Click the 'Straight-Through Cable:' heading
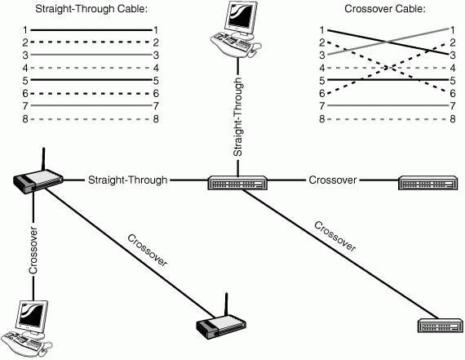pyautogui.click(x=91, y=9)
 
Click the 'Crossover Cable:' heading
pyautogui.click(x=385, y=9)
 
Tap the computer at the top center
pyautogui.click(x=236, y=29)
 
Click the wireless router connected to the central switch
pyautogui.click(x=38, y=180)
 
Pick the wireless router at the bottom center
pyautogui.click(x=221, y=324)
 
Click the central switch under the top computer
pyautogui.click(x=237, y=183)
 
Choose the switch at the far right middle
pyautogui.click(x=427, y=183)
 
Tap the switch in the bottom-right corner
pyautogui.click(x=441, y=326)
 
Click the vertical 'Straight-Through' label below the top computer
pyautogui.click(x=238, y=117)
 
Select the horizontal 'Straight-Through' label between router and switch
pyautogui.click(x=128, y=180)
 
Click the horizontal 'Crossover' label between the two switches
pyautogui.click(x=333, y=180)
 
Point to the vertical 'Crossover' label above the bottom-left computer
pyautogui.click(x=33, y=251)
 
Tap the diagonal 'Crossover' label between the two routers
pyautogui.click(x=148, y=250)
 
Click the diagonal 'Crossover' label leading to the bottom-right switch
pyautogui.click(x=334, y=236)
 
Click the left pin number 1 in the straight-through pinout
pyautogui.click(x=25, y=30)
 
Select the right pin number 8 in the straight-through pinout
pyautogui.click(x=156, y=119)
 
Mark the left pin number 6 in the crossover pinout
pyautogui.click(x=322, y=94)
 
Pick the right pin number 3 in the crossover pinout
pyautogui.click(x=453, y=56)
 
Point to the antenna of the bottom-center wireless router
pyautogui.click(x=226, y=304)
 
